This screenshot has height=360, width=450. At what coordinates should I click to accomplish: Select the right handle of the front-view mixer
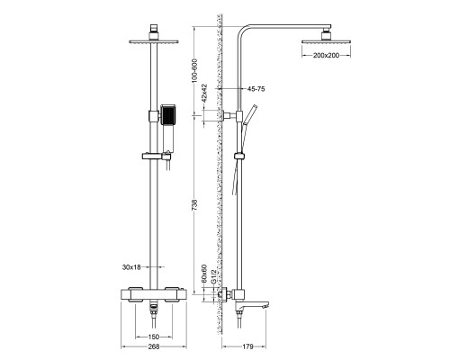pos(188,293)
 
